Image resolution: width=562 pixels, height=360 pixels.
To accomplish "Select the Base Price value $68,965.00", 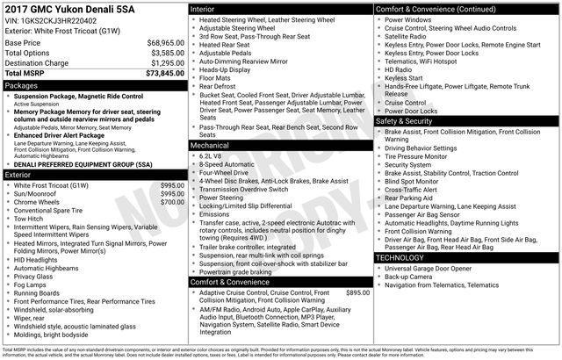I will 165,42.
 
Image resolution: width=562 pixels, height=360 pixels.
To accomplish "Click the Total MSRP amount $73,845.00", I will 164,75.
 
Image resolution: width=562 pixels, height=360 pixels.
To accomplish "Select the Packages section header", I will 21,86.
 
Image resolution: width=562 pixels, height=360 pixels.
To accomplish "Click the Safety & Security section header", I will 408,120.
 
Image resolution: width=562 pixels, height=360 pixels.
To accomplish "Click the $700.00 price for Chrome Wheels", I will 172,201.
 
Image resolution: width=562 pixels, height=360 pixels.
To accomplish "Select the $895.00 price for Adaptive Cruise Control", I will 358,292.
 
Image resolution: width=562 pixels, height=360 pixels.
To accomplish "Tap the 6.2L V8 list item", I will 213,155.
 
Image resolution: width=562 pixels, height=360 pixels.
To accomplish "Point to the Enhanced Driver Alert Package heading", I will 66,136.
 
